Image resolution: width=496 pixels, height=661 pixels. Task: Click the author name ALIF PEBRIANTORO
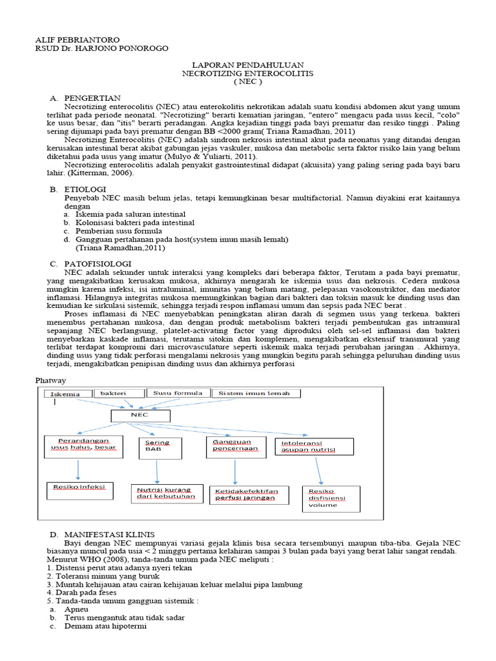click(77, 40)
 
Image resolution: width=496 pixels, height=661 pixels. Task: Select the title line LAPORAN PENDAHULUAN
click(248, 66)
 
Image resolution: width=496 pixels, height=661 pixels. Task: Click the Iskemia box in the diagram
click(66, 394)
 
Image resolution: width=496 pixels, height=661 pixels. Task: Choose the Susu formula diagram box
click(178, 393)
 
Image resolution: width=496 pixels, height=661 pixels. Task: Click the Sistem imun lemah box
click(254, 393)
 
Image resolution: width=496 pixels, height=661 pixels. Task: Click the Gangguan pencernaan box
click(236, 446)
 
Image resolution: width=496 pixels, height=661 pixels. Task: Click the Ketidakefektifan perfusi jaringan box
click(246, 494)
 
